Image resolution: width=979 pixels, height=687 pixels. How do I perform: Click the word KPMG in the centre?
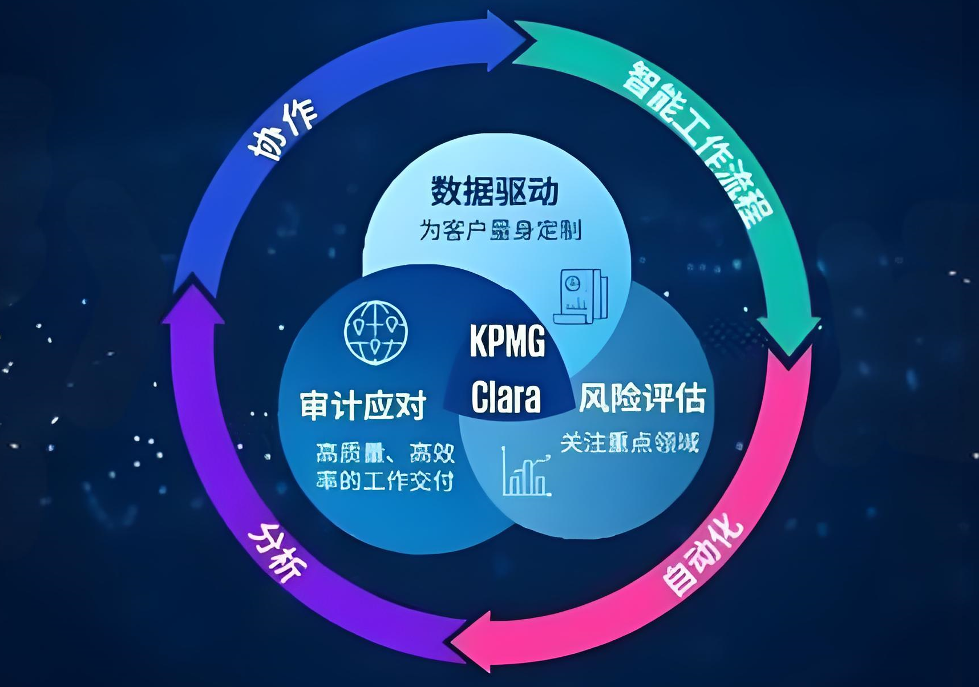507,341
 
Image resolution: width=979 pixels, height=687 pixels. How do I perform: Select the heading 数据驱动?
494,191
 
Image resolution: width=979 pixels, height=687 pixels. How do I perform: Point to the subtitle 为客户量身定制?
500,231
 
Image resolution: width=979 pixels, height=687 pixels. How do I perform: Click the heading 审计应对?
363,405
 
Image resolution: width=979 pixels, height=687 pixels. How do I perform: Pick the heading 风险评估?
642,398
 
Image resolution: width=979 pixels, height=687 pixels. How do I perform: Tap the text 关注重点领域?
629,443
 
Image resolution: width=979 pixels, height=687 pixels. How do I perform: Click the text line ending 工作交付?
385,480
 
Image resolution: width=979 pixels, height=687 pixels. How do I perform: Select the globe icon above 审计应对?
376,332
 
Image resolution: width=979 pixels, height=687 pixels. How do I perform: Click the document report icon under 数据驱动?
581,297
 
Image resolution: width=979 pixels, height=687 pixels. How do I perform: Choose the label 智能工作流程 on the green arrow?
697,143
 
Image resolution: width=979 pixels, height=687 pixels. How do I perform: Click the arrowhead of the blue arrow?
508,41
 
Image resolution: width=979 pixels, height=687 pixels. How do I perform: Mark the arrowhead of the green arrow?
790,337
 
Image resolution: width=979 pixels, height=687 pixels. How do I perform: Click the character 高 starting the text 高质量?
327,454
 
